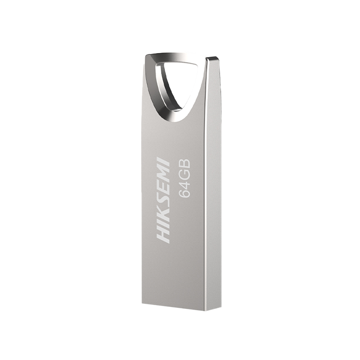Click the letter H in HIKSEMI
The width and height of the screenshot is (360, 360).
[x=163, y=236]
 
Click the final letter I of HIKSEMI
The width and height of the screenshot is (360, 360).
[x=163, y=160]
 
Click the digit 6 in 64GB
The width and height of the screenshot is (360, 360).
[x=184, y=192]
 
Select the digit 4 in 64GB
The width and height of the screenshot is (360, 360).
[x=184, y=181]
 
